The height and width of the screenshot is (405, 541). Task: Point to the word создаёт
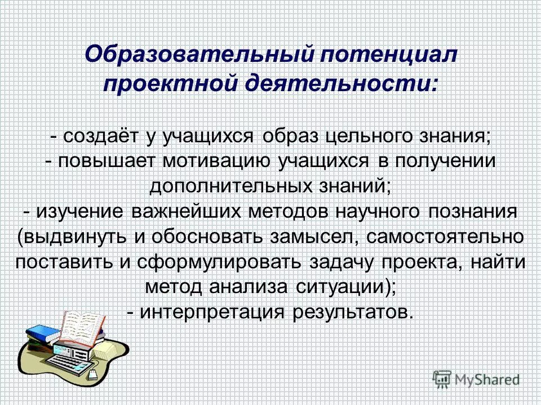pyautogui.click(x=97, y=137)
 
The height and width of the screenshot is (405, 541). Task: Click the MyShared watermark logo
pyautogui.click(x=476, y=379)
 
